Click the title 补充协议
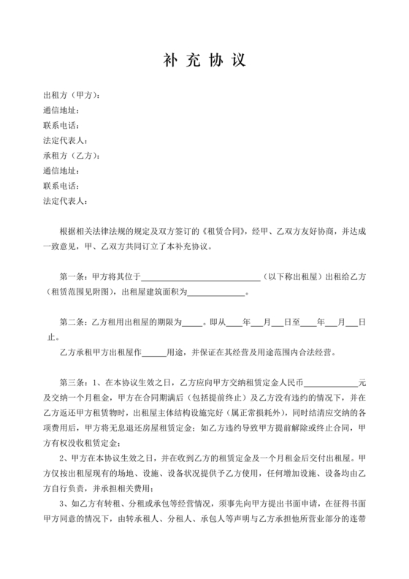click(204, 59)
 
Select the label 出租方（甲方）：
click(72, 95)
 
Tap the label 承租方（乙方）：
click(72, 156)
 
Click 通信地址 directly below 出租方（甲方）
click(61, 110)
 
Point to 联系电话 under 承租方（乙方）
click(61, 186)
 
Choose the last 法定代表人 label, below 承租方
click(66, 201)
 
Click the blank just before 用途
click(153, 352)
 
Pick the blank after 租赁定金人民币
click(330, 382)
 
